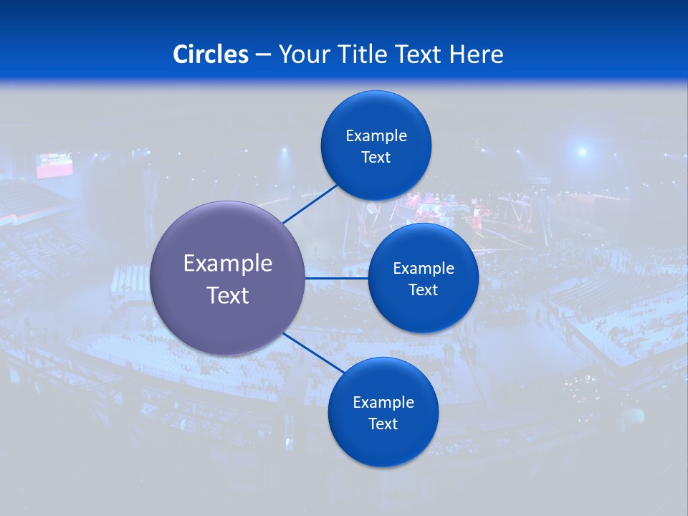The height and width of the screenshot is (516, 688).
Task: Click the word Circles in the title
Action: click(211, 54)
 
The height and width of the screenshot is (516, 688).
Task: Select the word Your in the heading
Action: click(303, 54)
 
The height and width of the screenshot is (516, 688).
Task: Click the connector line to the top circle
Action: click(310, 204)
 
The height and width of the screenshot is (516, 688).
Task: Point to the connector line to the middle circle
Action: click(336, 278)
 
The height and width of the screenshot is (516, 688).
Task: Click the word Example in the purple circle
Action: click(228, 264)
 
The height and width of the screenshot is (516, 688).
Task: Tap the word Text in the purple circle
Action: click(228, 295)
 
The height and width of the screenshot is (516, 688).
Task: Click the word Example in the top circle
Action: click(376, 136)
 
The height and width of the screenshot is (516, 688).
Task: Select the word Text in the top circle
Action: click(376, 158)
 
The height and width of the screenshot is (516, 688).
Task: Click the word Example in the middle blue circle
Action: click(424, 269)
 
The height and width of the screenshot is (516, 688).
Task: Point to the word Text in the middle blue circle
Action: click(424, 290)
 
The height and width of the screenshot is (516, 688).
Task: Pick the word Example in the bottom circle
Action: click(383, 403)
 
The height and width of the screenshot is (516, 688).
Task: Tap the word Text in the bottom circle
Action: click(383, 424)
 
